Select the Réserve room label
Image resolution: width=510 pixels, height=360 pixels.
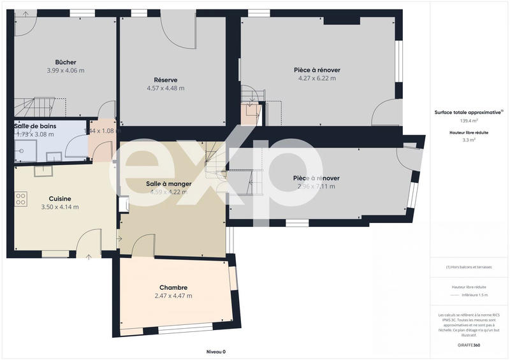tap(166, 80)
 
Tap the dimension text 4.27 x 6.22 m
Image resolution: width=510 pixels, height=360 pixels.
tap(317, 78)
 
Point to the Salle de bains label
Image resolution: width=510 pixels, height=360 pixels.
tap(35, 126)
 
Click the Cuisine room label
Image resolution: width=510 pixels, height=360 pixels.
tap(60, 198)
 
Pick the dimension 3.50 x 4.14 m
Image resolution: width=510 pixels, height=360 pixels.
tap(60, 207)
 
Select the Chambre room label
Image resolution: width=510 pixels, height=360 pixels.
tap(174, 287)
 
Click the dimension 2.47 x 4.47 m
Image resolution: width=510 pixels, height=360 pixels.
tap(173, 296)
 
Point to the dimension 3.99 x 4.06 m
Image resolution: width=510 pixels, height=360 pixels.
tap(66, 71)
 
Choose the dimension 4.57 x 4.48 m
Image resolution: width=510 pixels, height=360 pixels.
tap(165, 89)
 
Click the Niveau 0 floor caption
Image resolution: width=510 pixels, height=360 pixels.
tap(216, 352)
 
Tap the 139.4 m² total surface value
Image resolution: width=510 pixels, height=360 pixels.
tap(469, 120)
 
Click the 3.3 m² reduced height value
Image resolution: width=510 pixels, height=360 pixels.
tap(469, 139)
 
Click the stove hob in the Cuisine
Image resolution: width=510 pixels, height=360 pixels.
tap(21, 198)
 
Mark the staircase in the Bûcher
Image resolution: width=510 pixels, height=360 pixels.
tap(32, 106)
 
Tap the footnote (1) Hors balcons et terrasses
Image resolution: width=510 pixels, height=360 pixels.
tap(469, 267)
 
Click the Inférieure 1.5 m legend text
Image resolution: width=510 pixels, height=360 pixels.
tap(474, 296)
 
